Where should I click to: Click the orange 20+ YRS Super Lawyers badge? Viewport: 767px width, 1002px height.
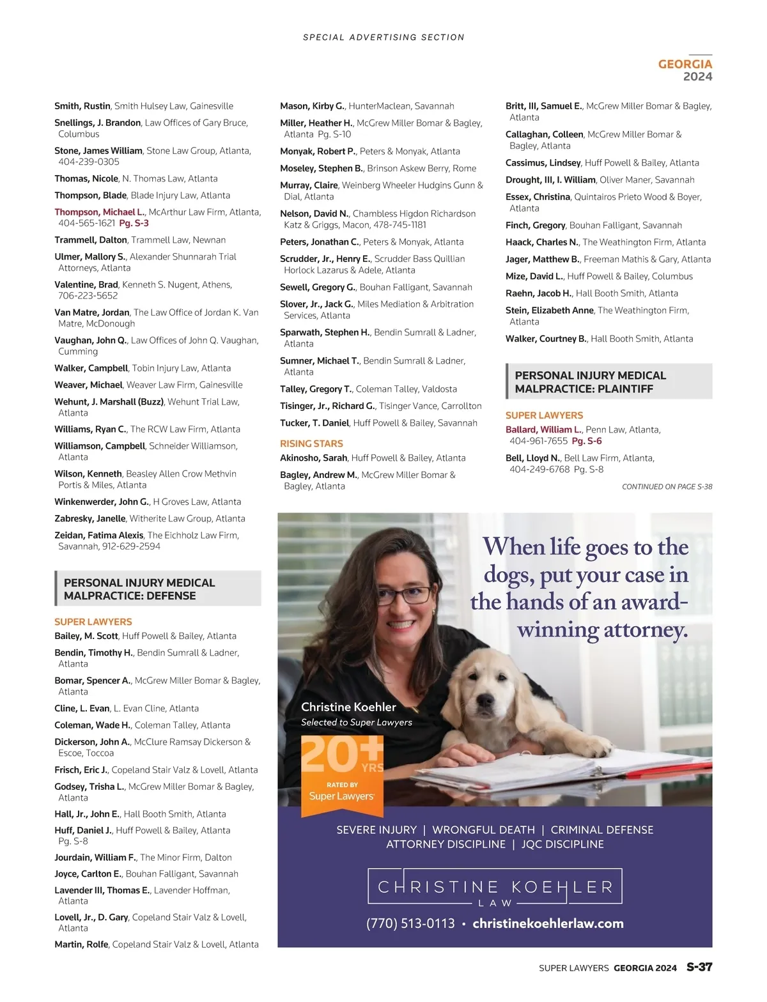pyautogui.click(x=342, y=775)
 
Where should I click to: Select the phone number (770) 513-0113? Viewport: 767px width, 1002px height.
pyautogui.click(x=410, y=923)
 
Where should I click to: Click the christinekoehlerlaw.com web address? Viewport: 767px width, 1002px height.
pyautogui.click(x=548, y=923)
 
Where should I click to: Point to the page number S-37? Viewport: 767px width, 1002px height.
pyautogui.click(x=699, y=967)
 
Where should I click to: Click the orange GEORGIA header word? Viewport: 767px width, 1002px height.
pyautogui.click(x=685, y=64)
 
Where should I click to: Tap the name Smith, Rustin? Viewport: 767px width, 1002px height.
pyautogui.click(x=82, y=106)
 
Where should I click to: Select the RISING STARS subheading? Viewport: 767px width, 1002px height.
pyautogui.click(x=311, y=443)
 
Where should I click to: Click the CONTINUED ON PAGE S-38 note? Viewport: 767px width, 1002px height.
pyautogui.click(x=667, y=487)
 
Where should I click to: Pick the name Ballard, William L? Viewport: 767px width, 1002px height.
pyautogui.click(x=543, y=429)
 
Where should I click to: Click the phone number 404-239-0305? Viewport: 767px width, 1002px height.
pyautogui.click(x=89, y=162)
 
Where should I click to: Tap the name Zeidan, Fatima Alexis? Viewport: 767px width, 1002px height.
pyautogui.click(x=99, y=535)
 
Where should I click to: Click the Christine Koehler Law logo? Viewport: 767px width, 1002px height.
pyautogui.click(x=495, y=887)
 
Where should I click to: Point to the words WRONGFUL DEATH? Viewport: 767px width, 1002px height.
pyautogui.click(x=483, y=829)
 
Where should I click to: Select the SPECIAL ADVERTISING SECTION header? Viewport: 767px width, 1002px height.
pyautogui.click(x=383, y=38)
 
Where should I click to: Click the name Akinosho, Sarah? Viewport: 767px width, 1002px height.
pyautogui.click(x=313, y=458)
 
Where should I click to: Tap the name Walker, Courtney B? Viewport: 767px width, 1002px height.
pyautogui.click(x=546, y=339)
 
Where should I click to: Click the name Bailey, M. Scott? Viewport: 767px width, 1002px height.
pyautogui.click(x=86, y=636)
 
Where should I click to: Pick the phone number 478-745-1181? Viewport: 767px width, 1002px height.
pyautogui.click(x=402, y=225)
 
